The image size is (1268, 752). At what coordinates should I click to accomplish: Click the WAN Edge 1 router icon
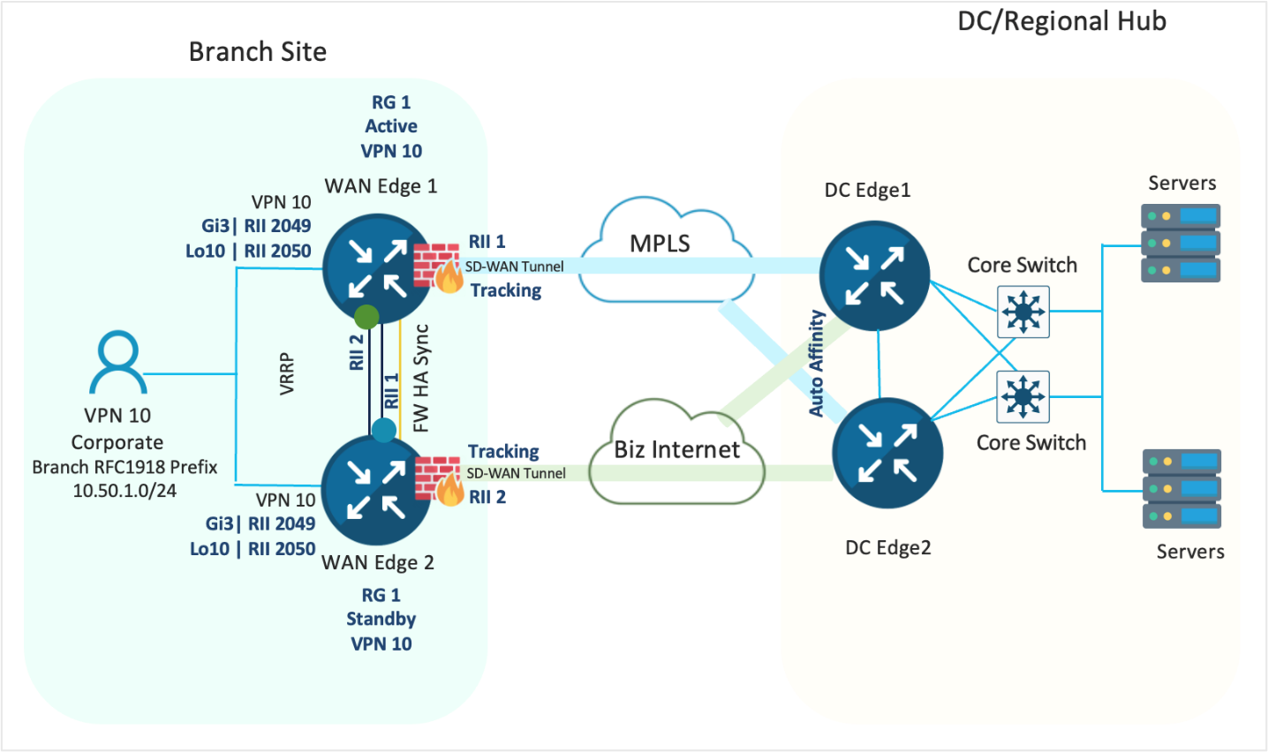click(377, 268)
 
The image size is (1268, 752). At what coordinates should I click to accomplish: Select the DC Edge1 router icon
click(874, 275)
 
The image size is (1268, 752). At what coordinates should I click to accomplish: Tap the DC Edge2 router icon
click(887, 453)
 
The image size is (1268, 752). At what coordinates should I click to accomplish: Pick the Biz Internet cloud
click(677, 455)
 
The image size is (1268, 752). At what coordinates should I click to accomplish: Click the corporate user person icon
click(117, 363)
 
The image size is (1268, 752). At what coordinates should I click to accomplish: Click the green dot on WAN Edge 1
click(366, 316)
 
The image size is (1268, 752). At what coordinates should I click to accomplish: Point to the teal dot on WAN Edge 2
click(384, 430)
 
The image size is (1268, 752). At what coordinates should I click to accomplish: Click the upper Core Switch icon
click(1023, 312)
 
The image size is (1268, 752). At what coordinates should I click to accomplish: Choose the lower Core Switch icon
click(1023, 396)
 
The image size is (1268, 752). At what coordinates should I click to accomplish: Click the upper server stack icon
click(1181, 243)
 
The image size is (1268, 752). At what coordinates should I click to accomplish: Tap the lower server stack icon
click(1181, 488)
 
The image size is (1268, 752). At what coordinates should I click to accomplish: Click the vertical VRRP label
click(286, 373)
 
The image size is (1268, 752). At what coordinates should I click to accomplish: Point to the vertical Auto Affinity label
click(817, 363)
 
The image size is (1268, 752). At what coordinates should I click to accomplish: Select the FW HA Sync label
click(421, 378)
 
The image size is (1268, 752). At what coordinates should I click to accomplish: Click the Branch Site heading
click(257, 52)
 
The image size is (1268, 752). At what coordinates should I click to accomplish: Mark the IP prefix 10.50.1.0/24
click(125, 491)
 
